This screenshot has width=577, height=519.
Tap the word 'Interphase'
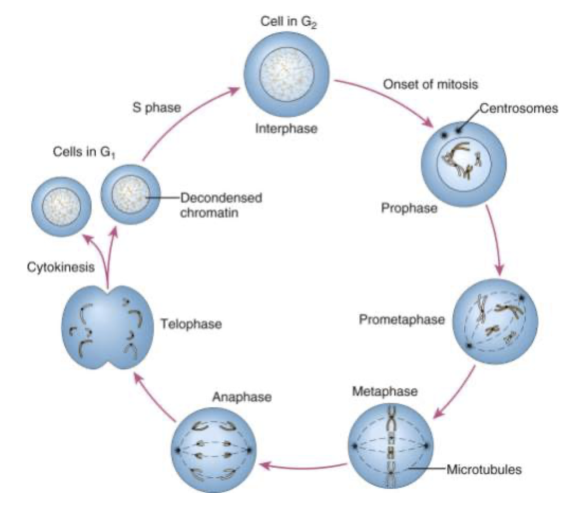pos(286,128)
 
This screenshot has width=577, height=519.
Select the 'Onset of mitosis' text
pos(430,85)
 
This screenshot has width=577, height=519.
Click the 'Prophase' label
pos(409,209)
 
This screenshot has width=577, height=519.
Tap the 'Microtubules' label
pos(483,468)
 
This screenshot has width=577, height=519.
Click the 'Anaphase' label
pos(242,397)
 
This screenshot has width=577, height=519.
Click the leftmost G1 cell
pos(61,206)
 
